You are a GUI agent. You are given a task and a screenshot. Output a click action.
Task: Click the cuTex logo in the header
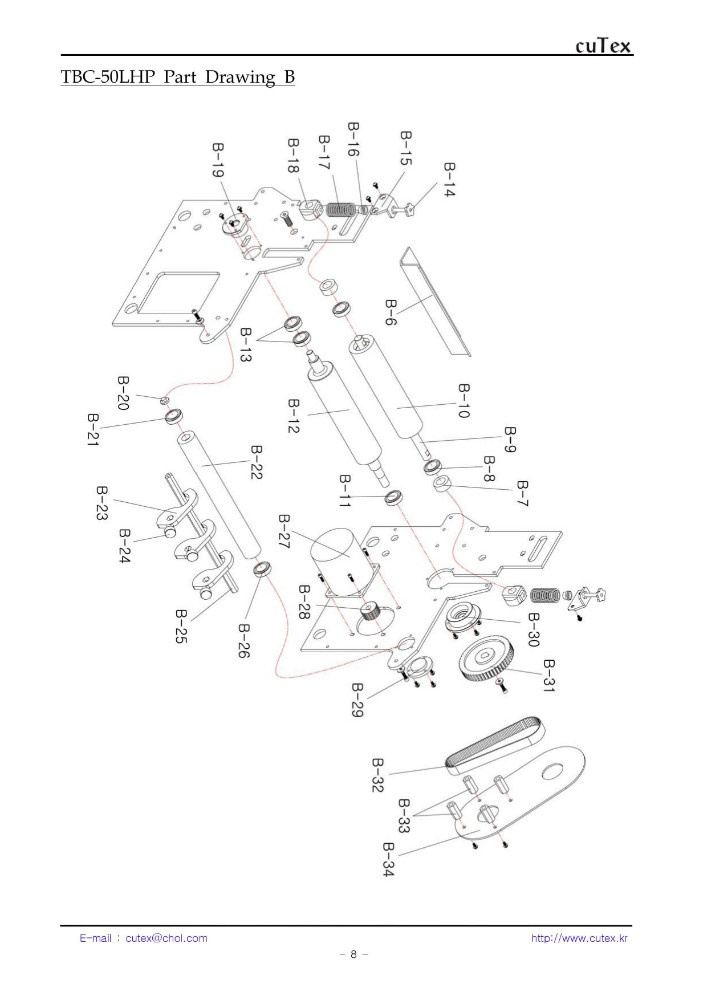[x=604, y=46]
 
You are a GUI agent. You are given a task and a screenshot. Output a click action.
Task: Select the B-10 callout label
[x=463, y=401]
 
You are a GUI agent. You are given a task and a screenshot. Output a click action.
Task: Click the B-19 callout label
[x=218, y=161]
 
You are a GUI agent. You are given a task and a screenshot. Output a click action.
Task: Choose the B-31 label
[x=548, y=678]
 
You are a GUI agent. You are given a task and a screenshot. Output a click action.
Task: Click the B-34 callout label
[x=388, y=860]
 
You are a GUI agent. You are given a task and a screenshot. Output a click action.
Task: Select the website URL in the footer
[x=578, y=938]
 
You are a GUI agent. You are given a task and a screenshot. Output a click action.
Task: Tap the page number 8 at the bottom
[x=353, y=955]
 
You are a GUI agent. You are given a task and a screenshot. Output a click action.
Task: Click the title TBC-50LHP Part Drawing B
[x=178, y=77]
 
